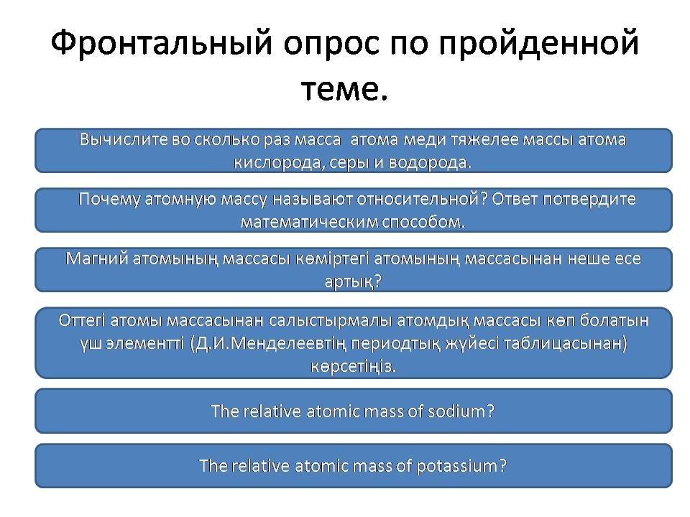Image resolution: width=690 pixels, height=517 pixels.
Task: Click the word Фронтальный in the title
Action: pos(162,43)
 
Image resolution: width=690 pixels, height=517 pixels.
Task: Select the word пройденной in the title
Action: pos(538,43)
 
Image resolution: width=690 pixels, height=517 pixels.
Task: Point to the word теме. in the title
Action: pos(344,90)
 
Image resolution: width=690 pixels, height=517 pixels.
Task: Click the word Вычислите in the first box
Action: pos(123,139)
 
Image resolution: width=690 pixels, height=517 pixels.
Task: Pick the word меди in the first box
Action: pos(424,140)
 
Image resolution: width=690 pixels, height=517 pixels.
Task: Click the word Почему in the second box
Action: pos(109,200)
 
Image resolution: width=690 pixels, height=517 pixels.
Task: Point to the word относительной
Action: pos(418,199)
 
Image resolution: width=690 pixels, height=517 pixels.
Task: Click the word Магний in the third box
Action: pos(96,258)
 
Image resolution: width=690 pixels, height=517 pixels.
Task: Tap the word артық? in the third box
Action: pos(352,281)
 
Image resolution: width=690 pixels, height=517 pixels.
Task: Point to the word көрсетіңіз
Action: pos(354,366)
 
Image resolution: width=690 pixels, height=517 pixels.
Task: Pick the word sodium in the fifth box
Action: pos(456,411)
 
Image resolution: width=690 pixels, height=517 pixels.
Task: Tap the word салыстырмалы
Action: pos(330,320)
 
